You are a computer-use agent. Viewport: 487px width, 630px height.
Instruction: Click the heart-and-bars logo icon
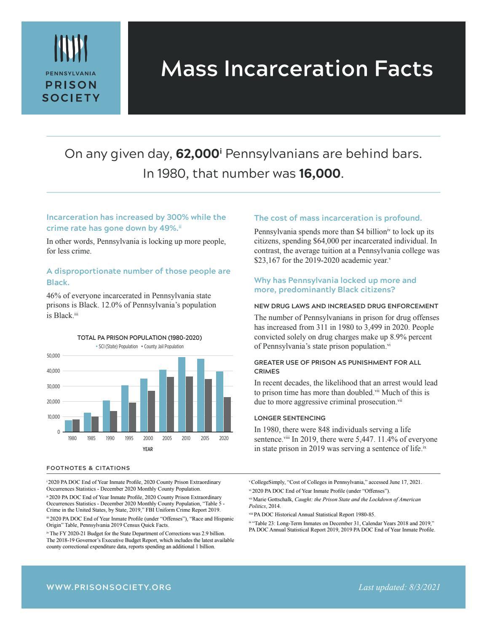point(71,47)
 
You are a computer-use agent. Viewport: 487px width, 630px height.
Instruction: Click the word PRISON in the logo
point(71,85)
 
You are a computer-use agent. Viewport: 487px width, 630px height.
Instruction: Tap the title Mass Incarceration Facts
point(297,69)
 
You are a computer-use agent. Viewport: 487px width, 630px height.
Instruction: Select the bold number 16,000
point(319,174)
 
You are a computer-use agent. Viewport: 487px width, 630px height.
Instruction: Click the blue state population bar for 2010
point(182,394)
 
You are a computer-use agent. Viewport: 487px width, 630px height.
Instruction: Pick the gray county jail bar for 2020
point(227,414)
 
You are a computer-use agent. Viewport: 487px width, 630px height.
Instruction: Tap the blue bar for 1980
point(68,426)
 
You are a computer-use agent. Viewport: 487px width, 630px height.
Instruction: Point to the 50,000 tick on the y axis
point(53,356)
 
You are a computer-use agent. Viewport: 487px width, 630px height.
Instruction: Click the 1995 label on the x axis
point(129,438)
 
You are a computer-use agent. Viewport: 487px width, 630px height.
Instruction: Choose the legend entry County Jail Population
point(163,347)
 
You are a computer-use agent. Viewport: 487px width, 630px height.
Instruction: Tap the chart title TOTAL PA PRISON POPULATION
point(139,338)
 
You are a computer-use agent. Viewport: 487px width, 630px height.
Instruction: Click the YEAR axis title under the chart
point(147,449)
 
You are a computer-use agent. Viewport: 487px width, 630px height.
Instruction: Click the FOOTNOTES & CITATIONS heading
point(88,468)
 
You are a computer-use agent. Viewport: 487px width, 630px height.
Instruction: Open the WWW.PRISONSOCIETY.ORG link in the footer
point(109,587)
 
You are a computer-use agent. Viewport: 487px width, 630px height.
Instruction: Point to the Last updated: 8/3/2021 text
point(399,587)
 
